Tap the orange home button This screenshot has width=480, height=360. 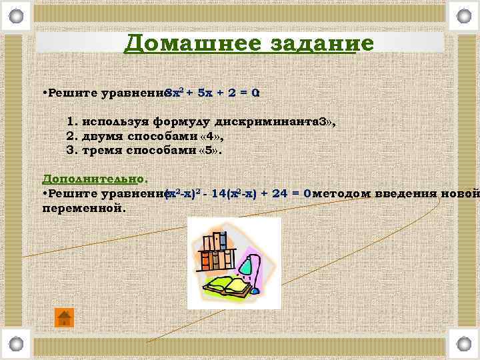click(x=64, y=317)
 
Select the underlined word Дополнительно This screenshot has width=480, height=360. click(x=93, y=179)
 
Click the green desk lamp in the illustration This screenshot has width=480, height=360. click(x=247, y=267)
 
